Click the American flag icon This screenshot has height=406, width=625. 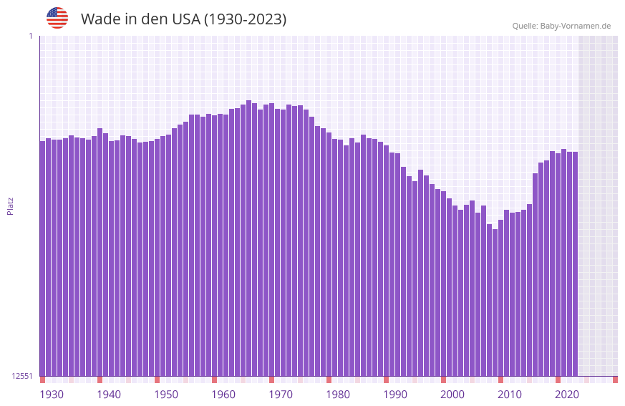pyautogui.click(x=57, y=18)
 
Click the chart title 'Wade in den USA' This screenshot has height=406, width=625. pyautogui.click(x=183, y=19)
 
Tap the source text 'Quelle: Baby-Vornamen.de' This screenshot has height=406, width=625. pyautogui.click(x=561, y=26)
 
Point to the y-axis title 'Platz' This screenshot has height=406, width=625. pyautogui.click(x=10, y=206)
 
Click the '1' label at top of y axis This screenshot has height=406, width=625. pyautogui.click(x=30, y=36)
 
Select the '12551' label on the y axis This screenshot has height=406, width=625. pyautogui.click(x=22, y=376)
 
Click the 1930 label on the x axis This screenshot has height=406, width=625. pyautogui.click(x=52, y=395)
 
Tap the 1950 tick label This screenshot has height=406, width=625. pyautogui.click(x=166, y=395)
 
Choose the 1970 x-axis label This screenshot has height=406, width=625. pyautogui.click(x=281, y=395)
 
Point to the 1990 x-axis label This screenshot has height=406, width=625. pyautogui.click(x=395, y=395)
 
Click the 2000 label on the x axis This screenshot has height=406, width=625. pyautogui.click(x=452, y=395)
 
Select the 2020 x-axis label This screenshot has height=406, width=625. pyautogui.click(x=567, y=395)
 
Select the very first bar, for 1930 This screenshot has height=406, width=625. pyautogui.click(x=42, y=258)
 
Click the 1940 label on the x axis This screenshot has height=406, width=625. pyautogui.click(x=109, y=395)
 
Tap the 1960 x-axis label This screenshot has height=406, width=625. pyautogui.click(x=223, y=395)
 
